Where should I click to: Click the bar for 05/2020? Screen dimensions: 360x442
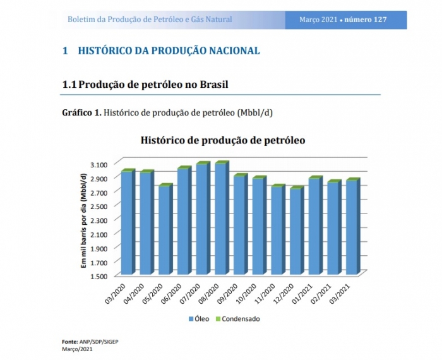(x=164, y=230)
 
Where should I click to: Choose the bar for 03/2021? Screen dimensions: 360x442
(x=352, y=227)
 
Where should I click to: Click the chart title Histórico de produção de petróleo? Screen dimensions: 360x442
(x=223, y=140)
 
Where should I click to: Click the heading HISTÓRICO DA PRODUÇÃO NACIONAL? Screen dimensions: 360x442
(x=169, y=51)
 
